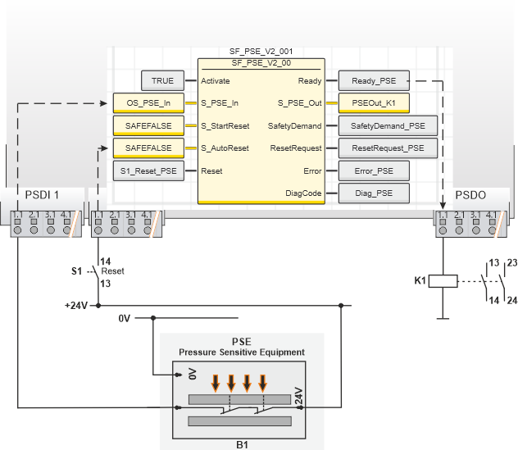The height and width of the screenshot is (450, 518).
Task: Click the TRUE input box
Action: [x=162, y=81]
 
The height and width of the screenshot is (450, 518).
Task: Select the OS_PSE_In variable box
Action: [x=148, y=103]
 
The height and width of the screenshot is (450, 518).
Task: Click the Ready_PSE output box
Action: [x=374, y=81]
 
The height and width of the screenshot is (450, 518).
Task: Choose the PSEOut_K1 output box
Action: [x=374, y=103]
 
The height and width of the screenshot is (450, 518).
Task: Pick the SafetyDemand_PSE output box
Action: [x=388, y=126]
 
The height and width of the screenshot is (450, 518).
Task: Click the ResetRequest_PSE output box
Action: [x=388, y=148]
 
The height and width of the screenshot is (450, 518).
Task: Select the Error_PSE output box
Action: [x=374, y=171]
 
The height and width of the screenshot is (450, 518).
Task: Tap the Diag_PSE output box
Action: [x=374, y=193]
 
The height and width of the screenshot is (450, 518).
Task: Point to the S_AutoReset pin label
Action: [x=225, y=148]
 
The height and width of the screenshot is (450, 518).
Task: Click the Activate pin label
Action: [x=216, y=81]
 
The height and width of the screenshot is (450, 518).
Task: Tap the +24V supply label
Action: [x=76, y=306]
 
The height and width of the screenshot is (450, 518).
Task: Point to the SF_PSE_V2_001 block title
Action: [x=261, y=52]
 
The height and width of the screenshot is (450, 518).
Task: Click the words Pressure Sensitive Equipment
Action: [x=242, y=352]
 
